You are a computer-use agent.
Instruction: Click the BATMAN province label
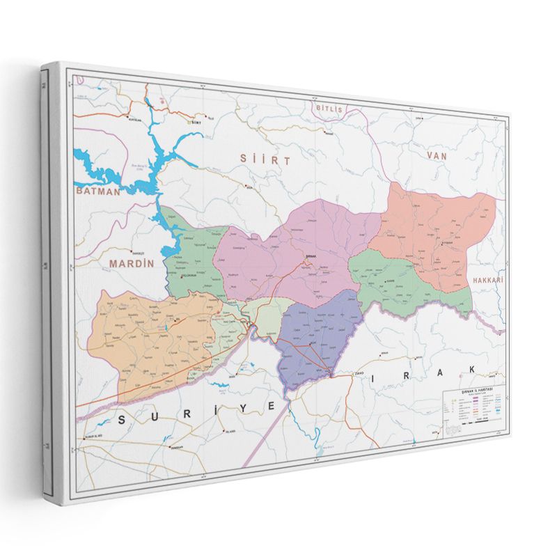pyautogui.click(x=99, y=189)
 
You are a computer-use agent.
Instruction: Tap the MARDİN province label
pyautogui.click(x=131, y=264)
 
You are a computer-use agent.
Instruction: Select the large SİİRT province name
pyautogui.click(x=265, y=159)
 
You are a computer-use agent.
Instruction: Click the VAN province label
pyautogui.click(x=437, y=157)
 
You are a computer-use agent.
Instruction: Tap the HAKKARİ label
pyautogui.click(x=487, y=279)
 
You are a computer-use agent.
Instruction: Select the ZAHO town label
pyautogui.click(x=360, y=374)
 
